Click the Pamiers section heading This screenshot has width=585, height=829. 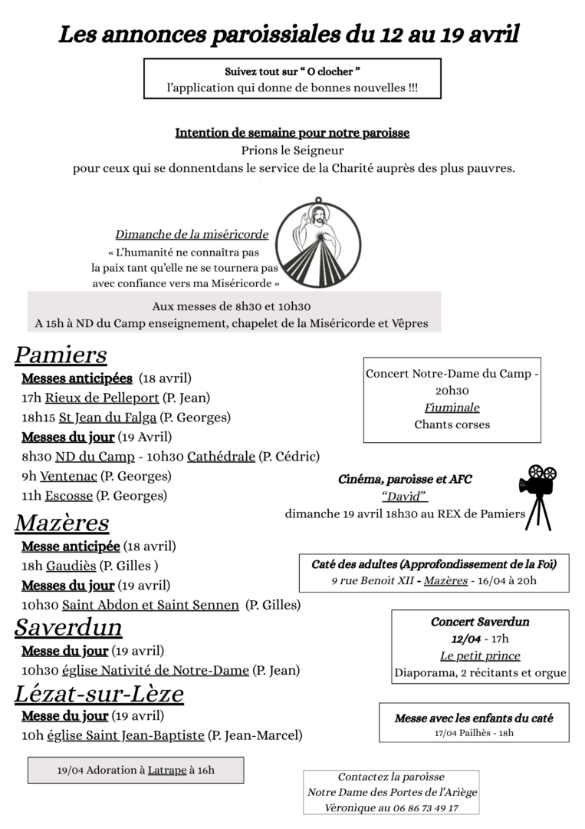61,355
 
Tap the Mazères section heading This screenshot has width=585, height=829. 62,523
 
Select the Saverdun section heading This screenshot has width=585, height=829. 68,627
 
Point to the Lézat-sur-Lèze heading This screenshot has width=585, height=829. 99,693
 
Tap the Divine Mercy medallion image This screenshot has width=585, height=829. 317,244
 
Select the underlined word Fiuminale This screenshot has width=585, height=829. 452,408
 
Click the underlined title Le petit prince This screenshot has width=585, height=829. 480,656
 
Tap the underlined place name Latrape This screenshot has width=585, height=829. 167,770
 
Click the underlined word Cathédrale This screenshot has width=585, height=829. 221,457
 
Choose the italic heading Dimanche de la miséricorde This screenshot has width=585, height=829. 192,234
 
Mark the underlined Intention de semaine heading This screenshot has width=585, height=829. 292,133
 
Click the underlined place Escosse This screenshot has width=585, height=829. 68,496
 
